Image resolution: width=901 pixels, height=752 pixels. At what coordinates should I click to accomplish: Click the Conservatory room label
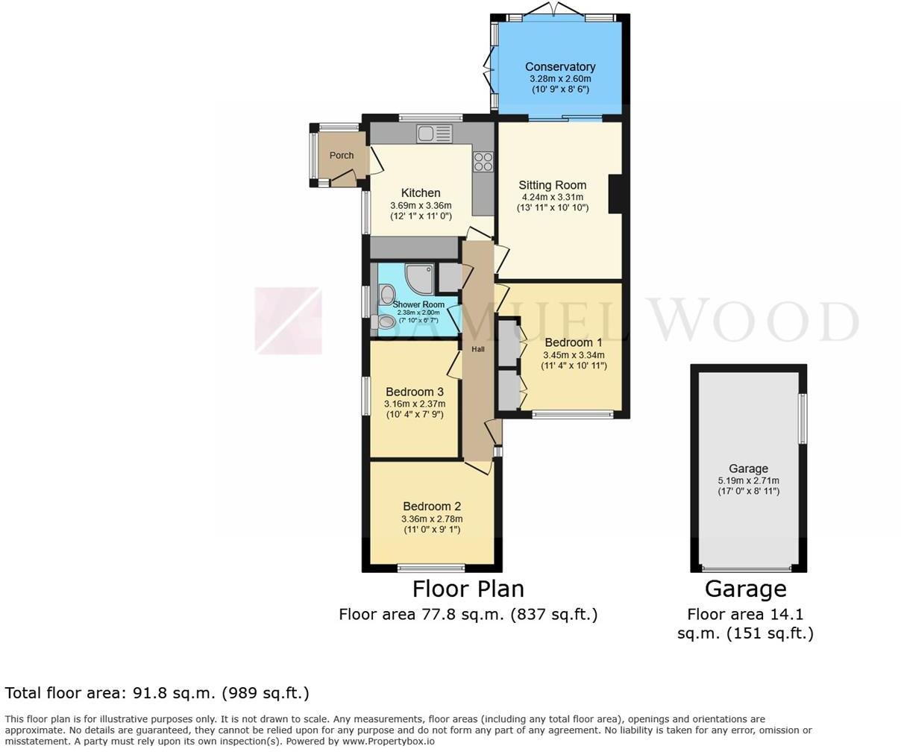[x=559, y=66]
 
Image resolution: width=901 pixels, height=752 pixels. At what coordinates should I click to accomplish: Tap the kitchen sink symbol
[x=435, y=134]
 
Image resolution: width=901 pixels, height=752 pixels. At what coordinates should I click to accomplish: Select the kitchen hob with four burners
[x=483, y=162]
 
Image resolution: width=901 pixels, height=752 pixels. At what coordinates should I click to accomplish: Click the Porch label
[x=342, y=155]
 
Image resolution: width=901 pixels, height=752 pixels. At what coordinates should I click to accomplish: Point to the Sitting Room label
[x=553, y=185]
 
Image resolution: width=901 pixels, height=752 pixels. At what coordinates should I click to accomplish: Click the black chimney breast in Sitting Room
[x=615, y=193]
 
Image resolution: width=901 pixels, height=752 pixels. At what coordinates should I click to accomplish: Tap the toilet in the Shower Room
[x=386, y=322]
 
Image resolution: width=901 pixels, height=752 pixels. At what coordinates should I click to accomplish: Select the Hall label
[x=477, y=349]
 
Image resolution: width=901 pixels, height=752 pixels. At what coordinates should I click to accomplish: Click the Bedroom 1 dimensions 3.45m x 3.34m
[x=574, y=355]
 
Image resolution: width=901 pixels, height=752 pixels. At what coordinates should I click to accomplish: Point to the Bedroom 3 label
[x=415, y=392]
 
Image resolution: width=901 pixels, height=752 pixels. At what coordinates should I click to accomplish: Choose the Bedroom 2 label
[x=432, y=507]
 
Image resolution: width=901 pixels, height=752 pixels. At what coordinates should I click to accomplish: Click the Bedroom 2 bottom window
[x=431, y=567]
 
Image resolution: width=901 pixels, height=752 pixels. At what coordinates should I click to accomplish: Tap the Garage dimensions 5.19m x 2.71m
[x=748, y=480]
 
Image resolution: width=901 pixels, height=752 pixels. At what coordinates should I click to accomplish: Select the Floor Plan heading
[x=468, y=589]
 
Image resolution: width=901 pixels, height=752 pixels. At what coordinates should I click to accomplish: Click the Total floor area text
[x=157, y=693]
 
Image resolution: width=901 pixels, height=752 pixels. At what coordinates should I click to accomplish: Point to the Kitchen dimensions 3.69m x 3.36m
[x=421, y=206]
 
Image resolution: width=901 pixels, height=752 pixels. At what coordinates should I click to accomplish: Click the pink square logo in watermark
[x=288, y=321]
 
